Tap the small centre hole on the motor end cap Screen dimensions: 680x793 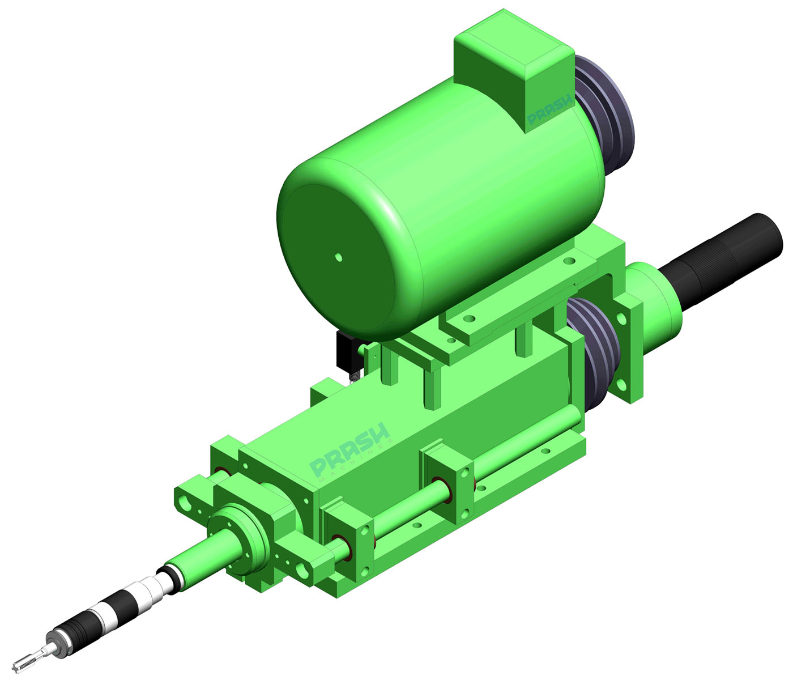(339, 257)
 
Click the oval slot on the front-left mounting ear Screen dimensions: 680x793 (187, 501)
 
